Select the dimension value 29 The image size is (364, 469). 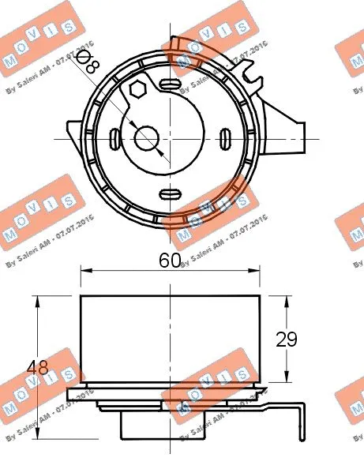coord(287,339)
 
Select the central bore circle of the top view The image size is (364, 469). coord(147,139)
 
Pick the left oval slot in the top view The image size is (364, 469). coord(117,139)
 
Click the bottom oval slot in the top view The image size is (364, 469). coord(171,193)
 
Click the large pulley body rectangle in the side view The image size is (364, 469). coord(171,340)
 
